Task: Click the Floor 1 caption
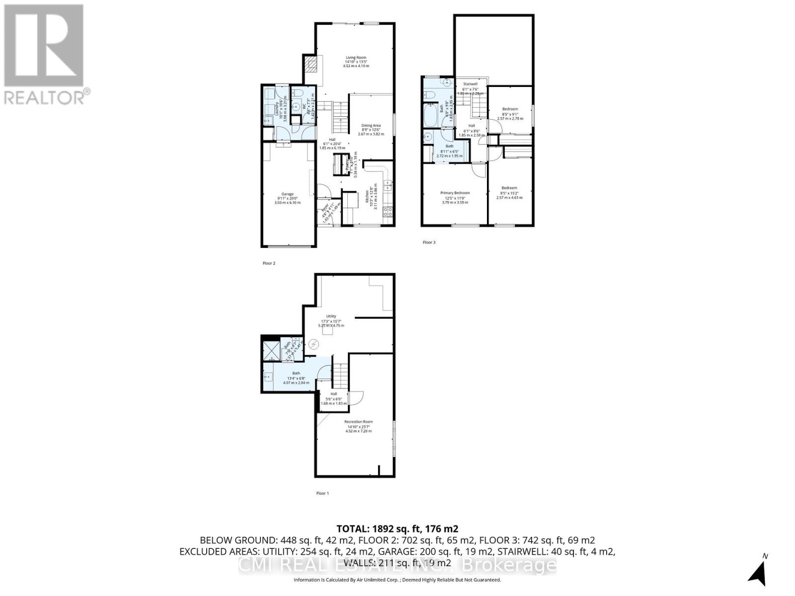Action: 322,493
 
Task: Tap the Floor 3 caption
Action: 429,242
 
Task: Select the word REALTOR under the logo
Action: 45,96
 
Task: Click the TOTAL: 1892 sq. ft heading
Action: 397,529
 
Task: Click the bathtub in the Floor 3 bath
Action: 430,116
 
